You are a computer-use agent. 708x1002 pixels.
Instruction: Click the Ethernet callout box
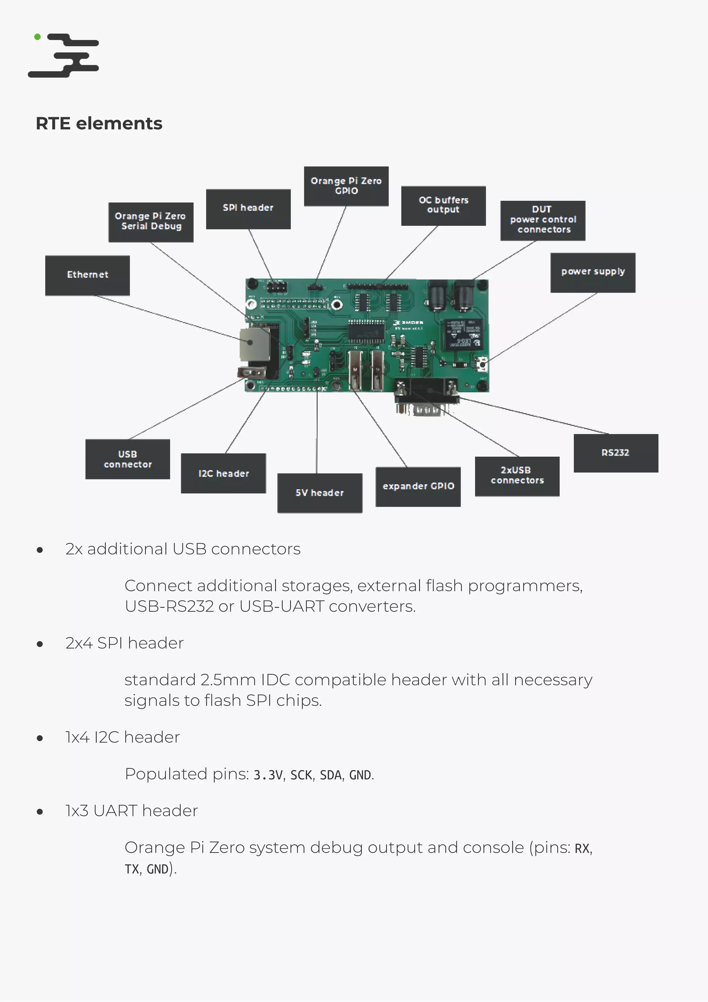[87, 275]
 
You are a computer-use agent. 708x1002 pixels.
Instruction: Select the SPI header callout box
[248, 209]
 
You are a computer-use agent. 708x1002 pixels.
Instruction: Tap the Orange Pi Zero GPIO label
[346, 186]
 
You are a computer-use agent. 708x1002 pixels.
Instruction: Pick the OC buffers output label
[443, 206]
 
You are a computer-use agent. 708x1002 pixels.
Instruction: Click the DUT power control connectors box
[542, 220]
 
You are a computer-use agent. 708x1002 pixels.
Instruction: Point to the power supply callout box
[593, 272]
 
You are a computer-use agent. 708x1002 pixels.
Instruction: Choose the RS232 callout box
[615, 453]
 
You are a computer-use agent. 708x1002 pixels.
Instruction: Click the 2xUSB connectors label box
[517, 476]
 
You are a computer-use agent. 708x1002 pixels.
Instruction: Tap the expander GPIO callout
[418, 487]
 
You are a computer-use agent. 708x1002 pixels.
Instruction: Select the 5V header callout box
[320, 493]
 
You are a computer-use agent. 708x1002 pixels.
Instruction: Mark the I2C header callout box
[223, 474]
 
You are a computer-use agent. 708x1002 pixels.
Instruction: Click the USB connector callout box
[128, 459]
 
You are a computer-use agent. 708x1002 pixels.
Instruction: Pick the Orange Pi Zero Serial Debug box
[151, 222]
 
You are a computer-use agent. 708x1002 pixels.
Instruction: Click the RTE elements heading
[99, 124]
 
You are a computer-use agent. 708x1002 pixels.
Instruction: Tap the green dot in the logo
[38, 37]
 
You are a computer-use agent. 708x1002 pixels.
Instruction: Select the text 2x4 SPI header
[124, 643]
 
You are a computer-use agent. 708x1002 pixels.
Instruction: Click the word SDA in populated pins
[330, 775]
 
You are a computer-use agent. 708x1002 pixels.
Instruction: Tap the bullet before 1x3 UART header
[40, 812]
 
